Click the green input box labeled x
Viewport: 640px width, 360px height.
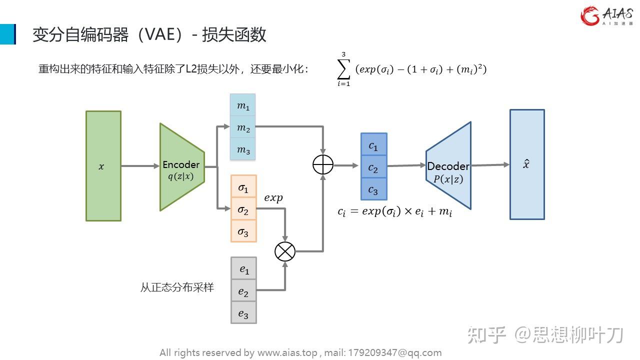103,166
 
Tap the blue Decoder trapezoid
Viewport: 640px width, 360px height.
448,166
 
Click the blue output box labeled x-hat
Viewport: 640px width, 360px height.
527,164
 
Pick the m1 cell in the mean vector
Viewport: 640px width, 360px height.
243,106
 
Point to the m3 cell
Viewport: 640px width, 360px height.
243,149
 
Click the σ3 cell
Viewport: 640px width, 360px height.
243,231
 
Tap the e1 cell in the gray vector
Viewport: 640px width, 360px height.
244,269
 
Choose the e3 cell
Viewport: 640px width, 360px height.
243,313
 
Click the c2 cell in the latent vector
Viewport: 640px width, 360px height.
373,168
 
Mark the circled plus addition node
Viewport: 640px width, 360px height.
323,165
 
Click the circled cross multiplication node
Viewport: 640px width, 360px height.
285,251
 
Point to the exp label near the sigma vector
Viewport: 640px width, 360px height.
273,198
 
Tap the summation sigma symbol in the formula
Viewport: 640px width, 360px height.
343,69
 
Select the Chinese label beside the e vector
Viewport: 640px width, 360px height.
177,287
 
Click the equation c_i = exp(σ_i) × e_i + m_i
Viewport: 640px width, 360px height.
395,211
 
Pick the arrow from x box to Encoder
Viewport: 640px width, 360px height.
140,166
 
